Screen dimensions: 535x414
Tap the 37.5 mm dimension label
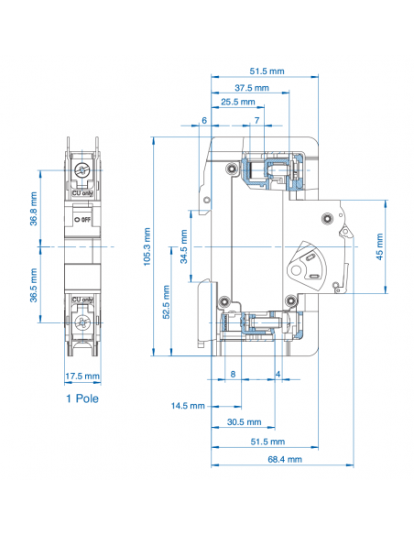(x=251, y=88)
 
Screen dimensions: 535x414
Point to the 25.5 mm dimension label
(x=237, y=103)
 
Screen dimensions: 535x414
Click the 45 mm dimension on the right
(x=379, y=245)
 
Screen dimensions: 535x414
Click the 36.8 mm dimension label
(x=34, y=209)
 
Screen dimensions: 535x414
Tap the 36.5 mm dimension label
(x=34, y=285)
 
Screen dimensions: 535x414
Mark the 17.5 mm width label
(x=83, y=377)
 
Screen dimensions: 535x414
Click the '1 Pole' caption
(x=82, y=399)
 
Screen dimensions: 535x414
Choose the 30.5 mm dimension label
(x=242, y=422)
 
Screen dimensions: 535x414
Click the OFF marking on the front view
(x=82, y=220)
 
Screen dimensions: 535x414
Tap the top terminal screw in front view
(x=82, y=171)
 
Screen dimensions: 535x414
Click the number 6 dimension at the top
(x=204, y=121)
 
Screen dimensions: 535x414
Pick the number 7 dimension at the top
(x=256, y=121)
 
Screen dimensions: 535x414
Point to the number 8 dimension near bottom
(x=233, y=374)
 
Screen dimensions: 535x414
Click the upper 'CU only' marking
(x=82, y=193)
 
